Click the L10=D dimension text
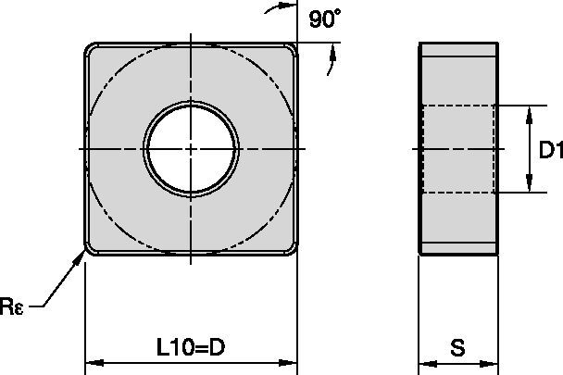point(191,348)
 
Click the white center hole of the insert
point(191,148)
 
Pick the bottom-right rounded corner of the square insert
point(290,248)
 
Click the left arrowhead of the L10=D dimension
point(93,361)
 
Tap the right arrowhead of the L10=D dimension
point(290,361)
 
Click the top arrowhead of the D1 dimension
point(529,112)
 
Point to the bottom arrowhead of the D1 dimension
point(529,186)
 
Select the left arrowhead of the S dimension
point(425,361)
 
